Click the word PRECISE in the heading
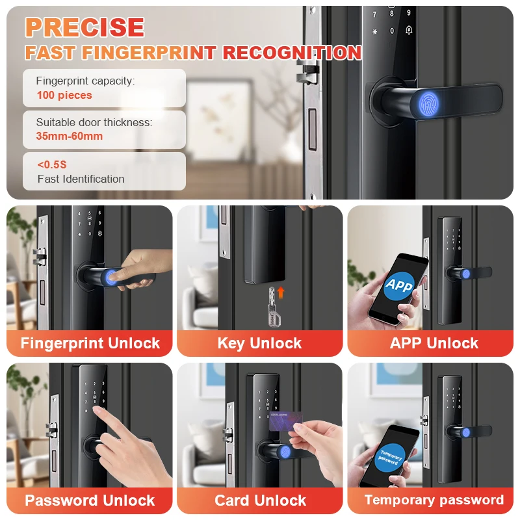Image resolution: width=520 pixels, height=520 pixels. [84, 27]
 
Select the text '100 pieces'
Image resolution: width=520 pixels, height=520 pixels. [64, 96]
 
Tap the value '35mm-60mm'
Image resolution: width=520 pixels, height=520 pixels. [70, 136]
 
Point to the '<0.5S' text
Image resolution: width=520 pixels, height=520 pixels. [51, 165]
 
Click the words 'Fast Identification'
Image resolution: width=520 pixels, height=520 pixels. [81, 179]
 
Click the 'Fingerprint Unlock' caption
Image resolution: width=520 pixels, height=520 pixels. [90, 344]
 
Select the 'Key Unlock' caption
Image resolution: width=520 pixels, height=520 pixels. [259, 344]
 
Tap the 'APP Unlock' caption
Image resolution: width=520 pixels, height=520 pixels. [434, 344]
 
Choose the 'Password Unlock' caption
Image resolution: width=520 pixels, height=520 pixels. [90, 500]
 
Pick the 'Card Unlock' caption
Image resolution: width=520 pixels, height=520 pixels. [260, 500]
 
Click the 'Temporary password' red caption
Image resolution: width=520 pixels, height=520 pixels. [434, 500]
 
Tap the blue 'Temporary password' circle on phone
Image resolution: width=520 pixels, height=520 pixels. [390, 456]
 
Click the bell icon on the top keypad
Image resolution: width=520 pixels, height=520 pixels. [409, 31]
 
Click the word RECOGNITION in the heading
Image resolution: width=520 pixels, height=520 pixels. [292, 52]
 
